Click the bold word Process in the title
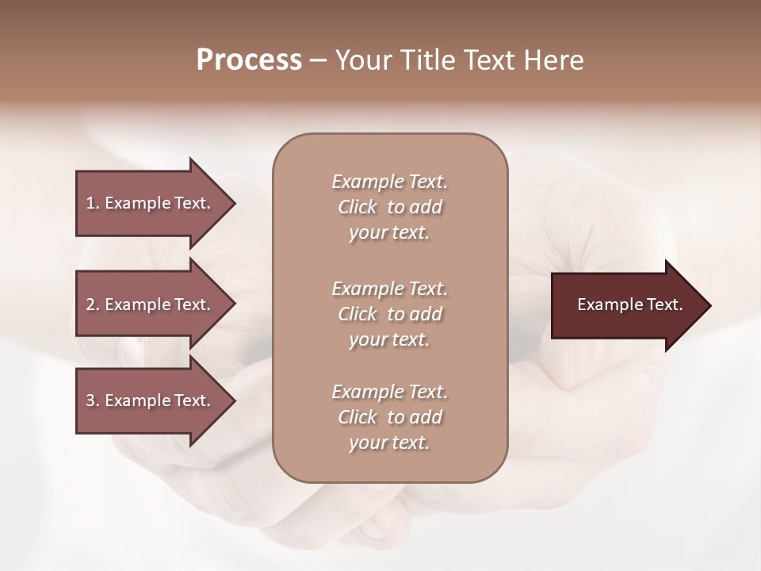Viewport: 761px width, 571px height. coord(249,60)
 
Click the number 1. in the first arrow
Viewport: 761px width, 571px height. coord(93,203)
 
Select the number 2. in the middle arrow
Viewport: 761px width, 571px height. coord(93,305)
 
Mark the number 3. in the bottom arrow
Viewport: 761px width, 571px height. coord(93,400)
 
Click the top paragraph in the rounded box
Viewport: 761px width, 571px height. coord(389,207)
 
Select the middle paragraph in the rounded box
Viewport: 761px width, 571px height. coord(389,314)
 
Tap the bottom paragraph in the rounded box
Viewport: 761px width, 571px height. coord(389,417)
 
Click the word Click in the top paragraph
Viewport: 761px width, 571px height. coord(358,207)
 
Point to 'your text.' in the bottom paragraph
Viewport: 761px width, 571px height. coord(389,443)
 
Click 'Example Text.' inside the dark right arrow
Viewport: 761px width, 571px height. coord(629,305)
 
